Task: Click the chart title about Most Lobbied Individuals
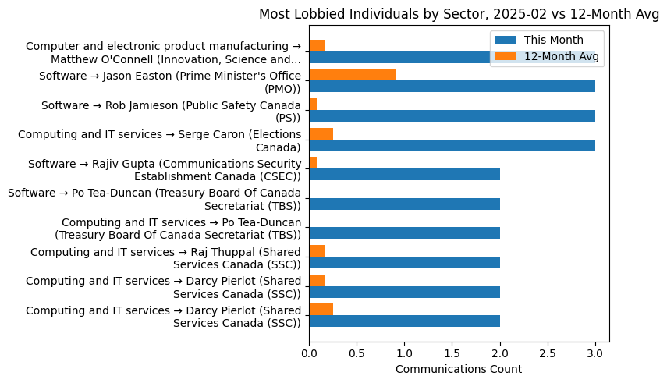tap(459, 14)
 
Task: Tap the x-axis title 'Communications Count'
tap(459, 369)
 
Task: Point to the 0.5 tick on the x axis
tap(357, 353)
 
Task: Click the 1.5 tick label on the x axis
tap(452, 353)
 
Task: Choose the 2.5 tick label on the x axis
tap(548, 353)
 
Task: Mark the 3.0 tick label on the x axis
tap(595, 353)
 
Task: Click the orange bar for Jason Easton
tap(353, 75)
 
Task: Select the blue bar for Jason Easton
tap(452, 87)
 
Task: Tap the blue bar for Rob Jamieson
tap(452, 115)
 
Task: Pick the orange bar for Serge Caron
tap(321, 133)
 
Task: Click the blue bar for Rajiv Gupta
tap(404, 174)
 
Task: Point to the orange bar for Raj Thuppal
tap(317, 251)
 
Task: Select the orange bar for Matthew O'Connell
tap(317, 45)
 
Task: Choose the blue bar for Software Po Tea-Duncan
tap(404, 204)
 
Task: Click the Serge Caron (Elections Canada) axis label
tap(159, 140)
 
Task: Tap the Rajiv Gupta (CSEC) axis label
tap(164, 169)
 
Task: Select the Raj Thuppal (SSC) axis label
tap(165, 257)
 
